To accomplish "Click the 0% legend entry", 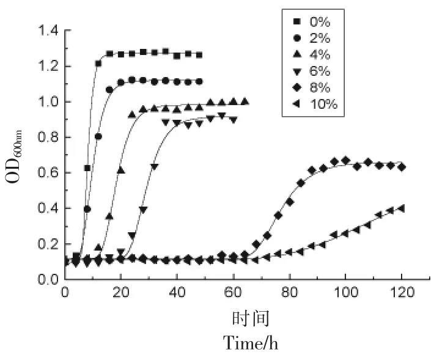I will click(x=312, y=22).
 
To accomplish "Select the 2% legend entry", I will click(x=312, y=39).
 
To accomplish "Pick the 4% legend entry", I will click(x=312, y=55).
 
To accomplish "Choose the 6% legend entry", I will click(x=312, y=72).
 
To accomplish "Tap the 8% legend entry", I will click(x=312, y=88).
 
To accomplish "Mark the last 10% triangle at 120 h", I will click(x=402, y=208).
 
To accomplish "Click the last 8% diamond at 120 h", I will click(x=402, y=167).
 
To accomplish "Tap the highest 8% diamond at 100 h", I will click(x=345, y=160).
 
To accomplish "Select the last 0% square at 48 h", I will click(x=199, y=55).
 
